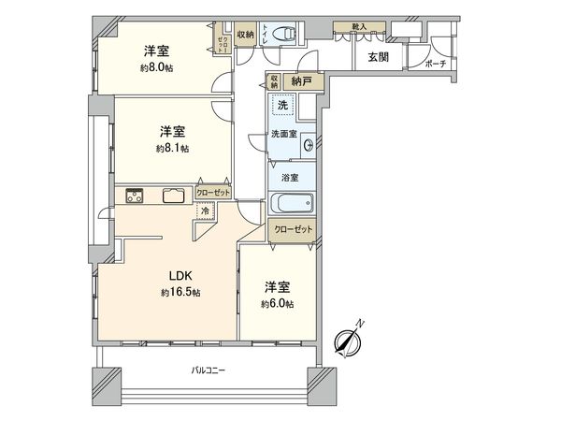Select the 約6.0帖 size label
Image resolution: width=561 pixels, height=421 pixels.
(277, 304)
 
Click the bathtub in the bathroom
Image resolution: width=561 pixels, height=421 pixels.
(290, 203)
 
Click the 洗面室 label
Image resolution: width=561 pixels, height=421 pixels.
(284, 135)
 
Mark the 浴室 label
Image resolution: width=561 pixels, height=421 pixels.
(290, 177)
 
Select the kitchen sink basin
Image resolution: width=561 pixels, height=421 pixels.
(173, 196)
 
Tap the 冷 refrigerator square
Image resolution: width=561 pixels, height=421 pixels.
(205, 212)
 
